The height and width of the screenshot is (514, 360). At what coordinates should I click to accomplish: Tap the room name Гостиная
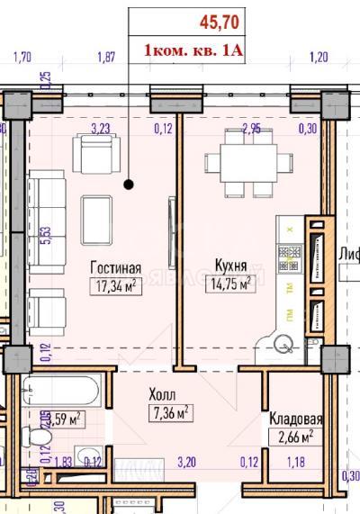[116, 267]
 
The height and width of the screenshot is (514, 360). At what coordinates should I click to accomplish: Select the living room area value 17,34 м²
[116, 286]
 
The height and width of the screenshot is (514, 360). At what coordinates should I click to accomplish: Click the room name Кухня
[231, 265]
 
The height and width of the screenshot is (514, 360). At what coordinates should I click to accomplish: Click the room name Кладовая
[296, 419]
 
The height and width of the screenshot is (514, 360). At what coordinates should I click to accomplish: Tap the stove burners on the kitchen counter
[290, 262]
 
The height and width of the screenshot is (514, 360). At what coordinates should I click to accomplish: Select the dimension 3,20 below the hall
[186, 463]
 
